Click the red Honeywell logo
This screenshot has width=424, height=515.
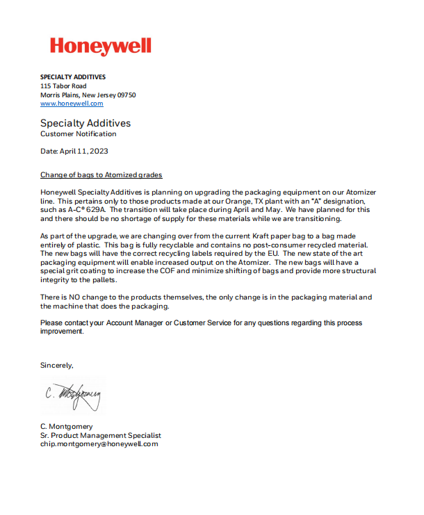point(100,46)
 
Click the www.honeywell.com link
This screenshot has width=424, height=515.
point(72,104)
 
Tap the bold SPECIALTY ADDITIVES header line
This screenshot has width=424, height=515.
point(73,76)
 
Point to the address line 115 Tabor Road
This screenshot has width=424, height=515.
point(63,85)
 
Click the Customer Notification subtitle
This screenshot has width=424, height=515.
point(79,133)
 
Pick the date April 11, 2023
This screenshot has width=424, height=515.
point(84,151)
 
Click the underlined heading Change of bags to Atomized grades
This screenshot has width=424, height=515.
point(101,174)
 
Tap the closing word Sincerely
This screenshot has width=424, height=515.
point(56,365)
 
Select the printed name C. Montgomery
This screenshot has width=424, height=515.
point(67,426)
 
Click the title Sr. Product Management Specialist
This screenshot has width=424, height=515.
point(101,435)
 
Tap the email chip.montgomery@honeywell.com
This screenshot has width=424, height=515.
point(99,443)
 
